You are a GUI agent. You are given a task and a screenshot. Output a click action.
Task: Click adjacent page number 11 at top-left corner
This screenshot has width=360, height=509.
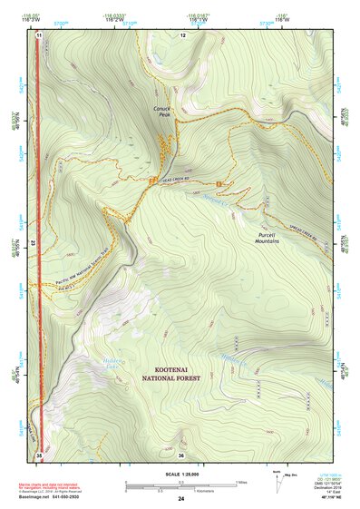(39, 34)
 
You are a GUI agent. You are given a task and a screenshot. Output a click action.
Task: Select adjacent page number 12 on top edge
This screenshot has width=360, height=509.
(182, 34)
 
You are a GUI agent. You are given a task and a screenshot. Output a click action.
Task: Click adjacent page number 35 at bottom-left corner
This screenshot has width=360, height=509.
(39, 455)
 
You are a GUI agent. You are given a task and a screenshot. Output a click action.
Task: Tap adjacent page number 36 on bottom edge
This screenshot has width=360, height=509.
(181, 455)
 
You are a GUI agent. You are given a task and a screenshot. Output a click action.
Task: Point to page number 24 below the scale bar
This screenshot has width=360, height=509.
(181, 499)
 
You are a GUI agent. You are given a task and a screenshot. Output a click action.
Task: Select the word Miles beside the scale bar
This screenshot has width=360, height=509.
(241, 482)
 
